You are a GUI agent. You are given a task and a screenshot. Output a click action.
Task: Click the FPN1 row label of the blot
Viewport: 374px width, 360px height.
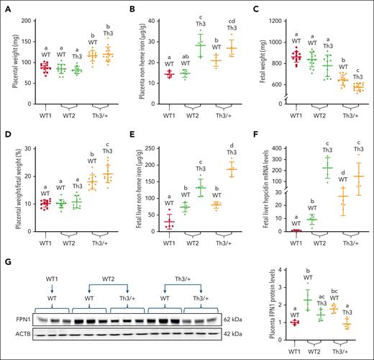[x=13, y=318]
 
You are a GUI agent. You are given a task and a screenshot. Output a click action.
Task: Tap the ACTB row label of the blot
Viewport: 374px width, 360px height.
[x=13, y=333]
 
